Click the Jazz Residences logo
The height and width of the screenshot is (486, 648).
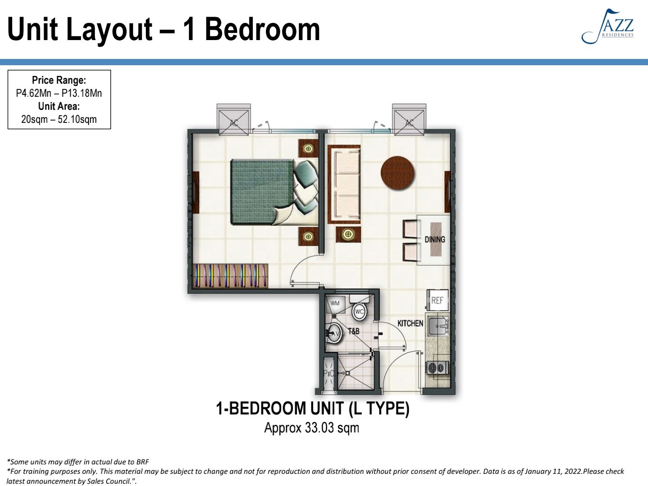click(x=608, y=27)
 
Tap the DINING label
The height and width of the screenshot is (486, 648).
click(x=434, y=239)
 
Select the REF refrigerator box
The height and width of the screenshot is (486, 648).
click(x=437, y=300)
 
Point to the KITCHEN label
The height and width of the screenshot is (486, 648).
click(x=410, y=323)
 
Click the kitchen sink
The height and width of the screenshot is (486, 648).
click(x=438, y=326)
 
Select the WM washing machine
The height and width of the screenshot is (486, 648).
click(x=335, y=304)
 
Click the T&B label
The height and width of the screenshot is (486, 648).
click(x=354, y=331)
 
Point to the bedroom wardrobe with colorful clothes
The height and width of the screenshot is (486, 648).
click(x=230, y=276)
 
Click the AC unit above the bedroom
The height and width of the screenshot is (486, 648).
click(x=234, y=120)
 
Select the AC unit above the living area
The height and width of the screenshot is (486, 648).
click(x=409, y=120)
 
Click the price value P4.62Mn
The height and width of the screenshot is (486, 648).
click(x=34, y=93)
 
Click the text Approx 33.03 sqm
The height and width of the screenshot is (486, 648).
click(x=311, y=427)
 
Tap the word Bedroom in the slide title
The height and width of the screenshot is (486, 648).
click(x=262, y=29)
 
